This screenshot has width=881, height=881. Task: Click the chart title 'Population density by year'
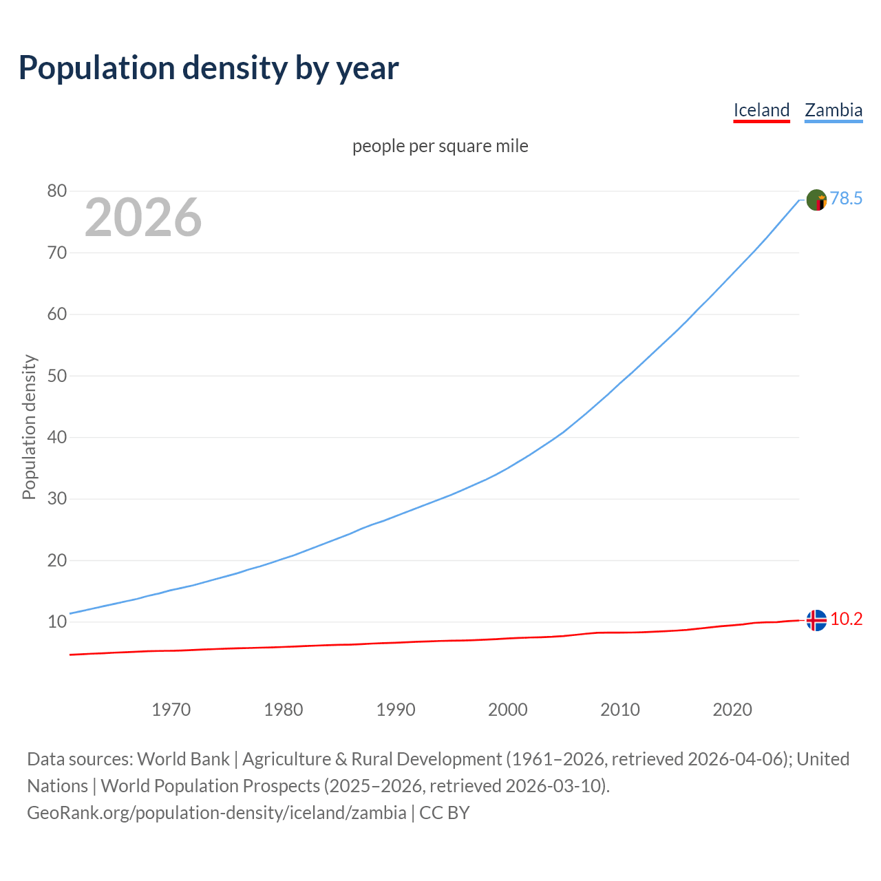click(209, 68)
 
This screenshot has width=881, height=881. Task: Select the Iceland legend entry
click(761, 110)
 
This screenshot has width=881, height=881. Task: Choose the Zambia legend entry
click(834, 110)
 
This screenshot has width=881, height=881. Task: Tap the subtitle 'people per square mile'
click(440, 147)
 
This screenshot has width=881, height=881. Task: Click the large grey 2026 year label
click(143, 217)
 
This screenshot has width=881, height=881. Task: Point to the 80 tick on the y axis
click(57, 191)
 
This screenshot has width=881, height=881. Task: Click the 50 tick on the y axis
click(57, 376)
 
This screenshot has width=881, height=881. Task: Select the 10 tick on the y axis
click(57, 622)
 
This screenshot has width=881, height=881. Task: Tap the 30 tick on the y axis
click(57, 499)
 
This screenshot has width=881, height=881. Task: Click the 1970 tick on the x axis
click(171, 710)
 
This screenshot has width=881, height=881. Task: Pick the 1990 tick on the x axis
click(396, 710)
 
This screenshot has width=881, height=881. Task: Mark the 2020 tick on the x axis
click(732, 710)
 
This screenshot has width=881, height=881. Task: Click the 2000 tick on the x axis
click(508, 710)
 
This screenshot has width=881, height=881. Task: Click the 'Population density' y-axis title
click(29, 427)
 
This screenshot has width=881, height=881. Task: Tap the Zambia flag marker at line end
click(816, 200)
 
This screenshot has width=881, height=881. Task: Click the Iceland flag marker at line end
click(816, 620)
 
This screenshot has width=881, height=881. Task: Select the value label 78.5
click(846, 199)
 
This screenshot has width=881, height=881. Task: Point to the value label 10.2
click(846, 619)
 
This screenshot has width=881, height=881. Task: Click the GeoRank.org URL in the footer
click(216, 813)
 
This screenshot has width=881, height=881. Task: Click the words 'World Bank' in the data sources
click(183, 759)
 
